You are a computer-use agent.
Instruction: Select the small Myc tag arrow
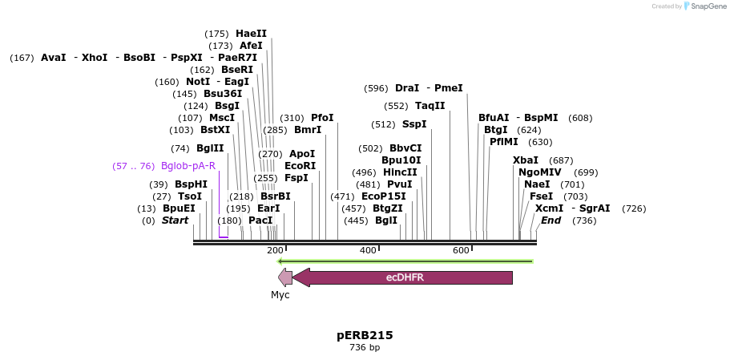pyautogui.click(x=284, y=277)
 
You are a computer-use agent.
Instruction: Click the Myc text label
pyautogui.click(x=280, y=295)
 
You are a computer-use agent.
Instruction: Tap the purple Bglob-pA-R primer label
pyautogui.click(x=188, y=166)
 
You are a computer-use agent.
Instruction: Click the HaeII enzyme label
pyautogui.click(x=251, y=34)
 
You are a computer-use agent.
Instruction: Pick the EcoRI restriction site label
pyautogui.click(x=300, y=166)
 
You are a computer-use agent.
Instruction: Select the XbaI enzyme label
pyautogui.click(x=526, y=160)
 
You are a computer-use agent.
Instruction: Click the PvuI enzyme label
pyautogui.click(x=399, y=184)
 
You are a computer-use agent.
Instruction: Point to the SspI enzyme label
pyautogui.click(x=414, y=124)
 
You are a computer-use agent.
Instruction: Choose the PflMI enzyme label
pyautogui.click(x=504, y=142)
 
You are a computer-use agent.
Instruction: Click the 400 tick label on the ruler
pyautogui.click(x=368, y=251)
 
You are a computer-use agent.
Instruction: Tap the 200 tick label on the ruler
pyautogui.click(x=275, y=251)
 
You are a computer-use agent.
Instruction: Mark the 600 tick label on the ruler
pyautogui.click(x=461, y=251)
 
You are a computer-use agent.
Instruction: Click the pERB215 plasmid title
pyautogui.click(x=365, y=335)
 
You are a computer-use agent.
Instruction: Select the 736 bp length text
pyautogui.click(x=365, y=348)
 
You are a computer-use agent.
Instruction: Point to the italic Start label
pyautogui.click(x=175, y=220)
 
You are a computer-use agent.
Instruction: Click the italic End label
pyautogui.click(x=551, y=220)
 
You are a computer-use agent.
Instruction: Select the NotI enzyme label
pyautogui.click(x=198, y=82)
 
